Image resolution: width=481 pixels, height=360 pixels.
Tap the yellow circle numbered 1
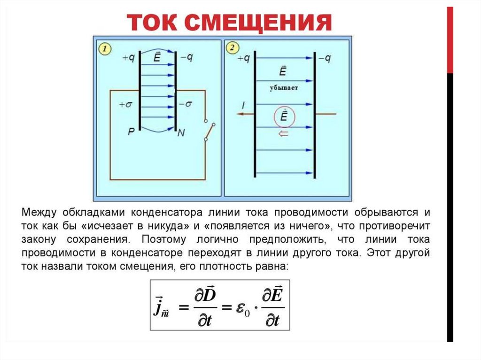105,48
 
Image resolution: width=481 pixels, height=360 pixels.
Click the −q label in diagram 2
325,58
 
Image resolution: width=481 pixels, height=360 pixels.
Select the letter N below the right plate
181,133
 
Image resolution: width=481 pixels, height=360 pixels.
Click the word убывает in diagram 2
283,88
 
